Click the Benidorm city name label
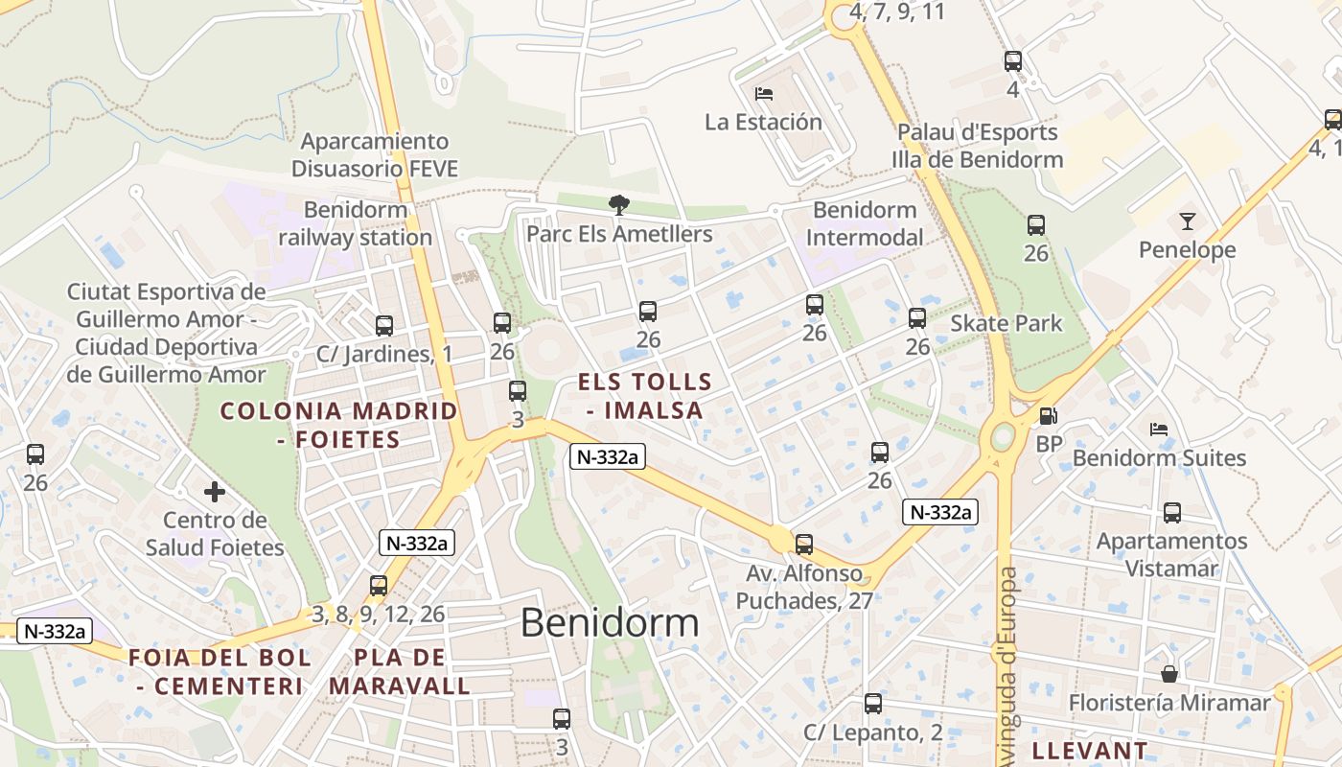click(610, 623)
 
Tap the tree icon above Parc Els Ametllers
click(619, 203)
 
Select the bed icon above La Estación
click(764, 93)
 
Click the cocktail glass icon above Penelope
click(1188, 221)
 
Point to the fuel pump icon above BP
click(1050, 416)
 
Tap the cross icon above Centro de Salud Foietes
click(215, 492)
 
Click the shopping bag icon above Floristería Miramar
click(1169, 674)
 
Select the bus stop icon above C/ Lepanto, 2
click(872, 704)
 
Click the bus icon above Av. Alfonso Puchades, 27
click(804, 545)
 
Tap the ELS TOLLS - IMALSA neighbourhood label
click(645, 396)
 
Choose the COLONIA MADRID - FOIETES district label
click(338, 425)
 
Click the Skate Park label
click(1006, 323)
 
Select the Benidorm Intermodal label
click(865, 223)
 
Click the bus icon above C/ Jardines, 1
click(384, 326)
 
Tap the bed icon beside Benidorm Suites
click(1159, 430)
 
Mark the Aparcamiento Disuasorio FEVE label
click(374, 155)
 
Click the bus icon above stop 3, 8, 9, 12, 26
click(379, 586)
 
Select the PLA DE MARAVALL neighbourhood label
click(400, 671)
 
